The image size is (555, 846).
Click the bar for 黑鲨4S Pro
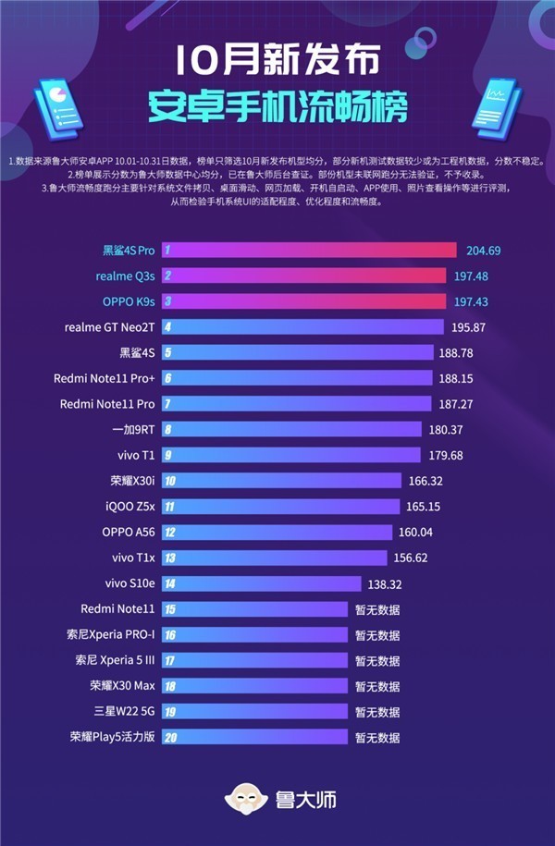tap(309, 251)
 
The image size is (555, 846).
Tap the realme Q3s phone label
tap(125, 276)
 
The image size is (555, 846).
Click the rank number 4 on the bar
tap(168, 327)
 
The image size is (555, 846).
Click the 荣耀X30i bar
tap(281, 481)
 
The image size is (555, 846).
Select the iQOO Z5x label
tap(129, 507)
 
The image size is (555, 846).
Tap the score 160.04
tap(440, 532)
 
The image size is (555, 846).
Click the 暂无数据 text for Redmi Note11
tap(377, 609)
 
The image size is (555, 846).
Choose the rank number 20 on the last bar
tap(170, 737)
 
